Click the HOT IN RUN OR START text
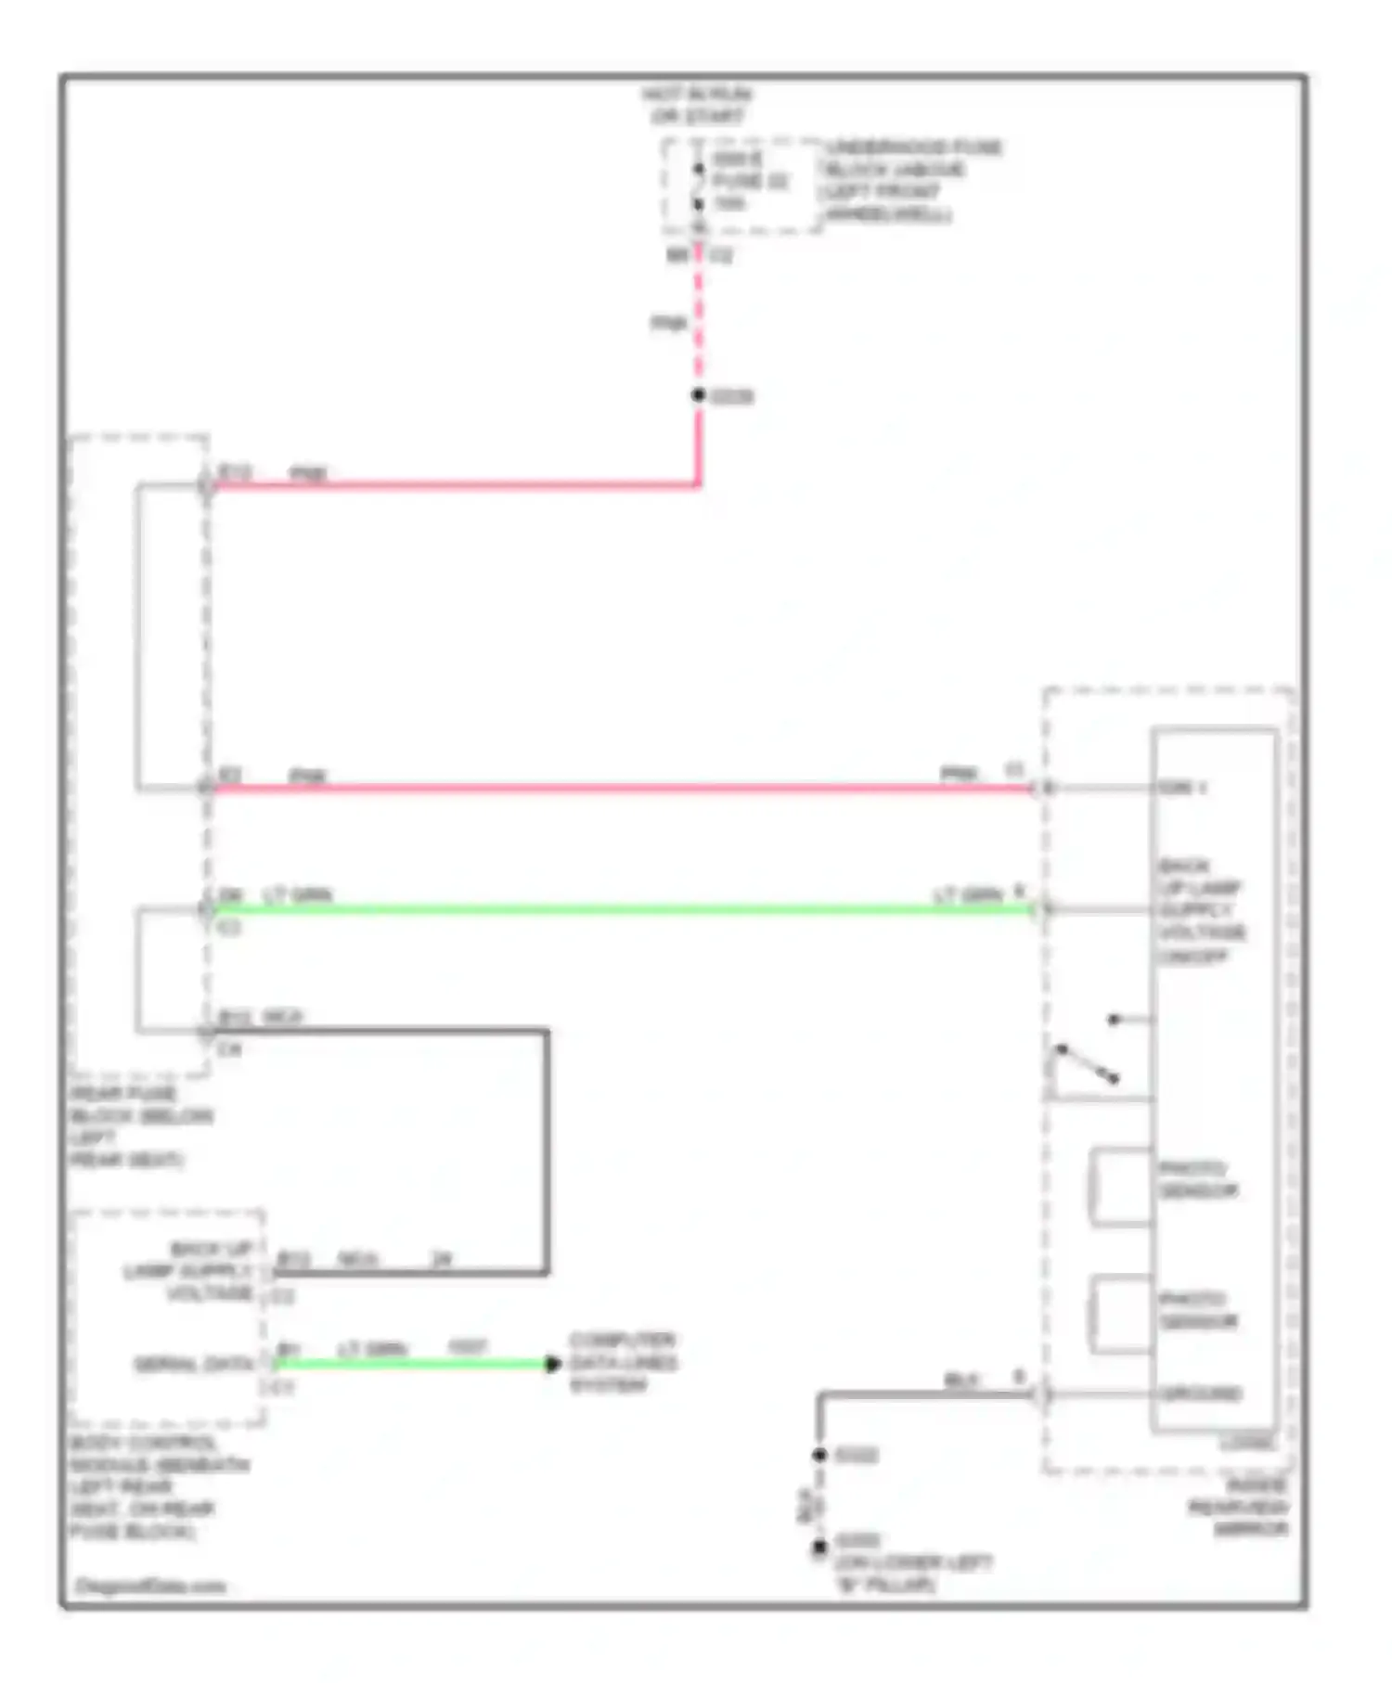(697, 106)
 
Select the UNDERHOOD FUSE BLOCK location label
(911, 181)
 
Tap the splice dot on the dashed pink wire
(698, 395)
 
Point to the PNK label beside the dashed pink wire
(668, 323)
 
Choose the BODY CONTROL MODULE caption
(159, 1486)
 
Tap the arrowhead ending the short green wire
(552, 1363)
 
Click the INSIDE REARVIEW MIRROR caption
(1240, 1508)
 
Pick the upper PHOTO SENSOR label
(1197, 1179)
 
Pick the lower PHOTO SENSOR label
(1197, 1310)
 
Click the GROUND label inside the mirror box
(1199, 1394)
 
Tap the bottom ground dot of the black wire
(818, 1548)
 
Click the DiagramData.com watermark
(150, 1586)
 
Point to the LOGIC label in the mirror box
(1247, 1443)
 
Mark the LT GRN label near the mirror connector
(967, 895)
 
